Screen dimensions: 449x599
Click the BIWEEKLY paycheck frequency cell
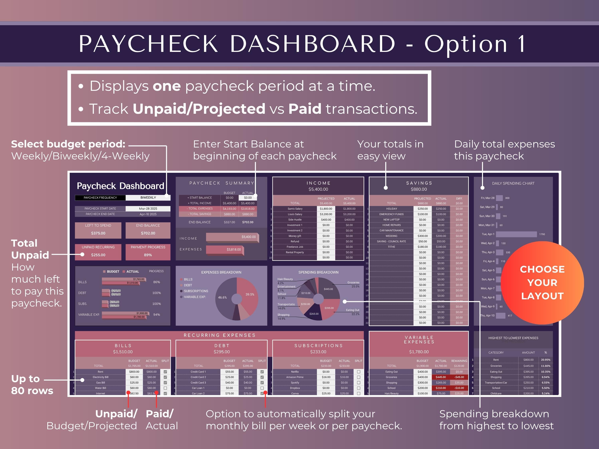148,198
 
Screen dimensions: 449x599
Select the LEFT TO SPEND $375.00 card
98,230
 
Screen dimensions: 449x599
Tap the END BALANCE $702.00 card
148,230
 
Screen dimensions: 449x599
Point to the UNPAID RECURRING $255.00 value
98,255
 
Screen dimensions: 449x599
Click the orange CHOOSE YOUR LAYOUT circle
542,283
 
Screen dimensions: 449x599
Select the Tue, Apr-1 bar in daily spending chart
516,234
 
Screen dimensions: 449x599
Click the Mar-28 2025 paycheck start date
148,209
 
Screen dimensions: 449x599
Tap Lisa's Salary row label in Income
295,214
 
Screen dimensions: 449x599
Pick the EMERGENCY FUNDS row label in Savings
391,214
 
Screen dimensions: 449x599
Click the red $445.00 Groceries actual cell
441,377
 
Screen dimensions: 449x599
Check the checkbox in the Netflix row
359,372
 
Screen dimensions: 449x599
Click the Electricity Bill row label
100,377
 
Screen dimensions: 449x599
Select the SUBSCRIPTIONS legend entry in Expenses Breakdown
196,291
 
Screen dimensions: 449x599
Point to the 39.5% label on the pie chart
250,295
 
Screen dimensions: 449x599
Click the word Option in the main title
465,44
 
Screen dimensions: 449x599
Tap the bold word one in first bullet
167,86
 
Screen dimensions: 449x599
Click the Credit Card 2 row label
198,377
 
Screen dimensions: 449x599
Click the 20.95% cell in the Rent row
545,360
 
